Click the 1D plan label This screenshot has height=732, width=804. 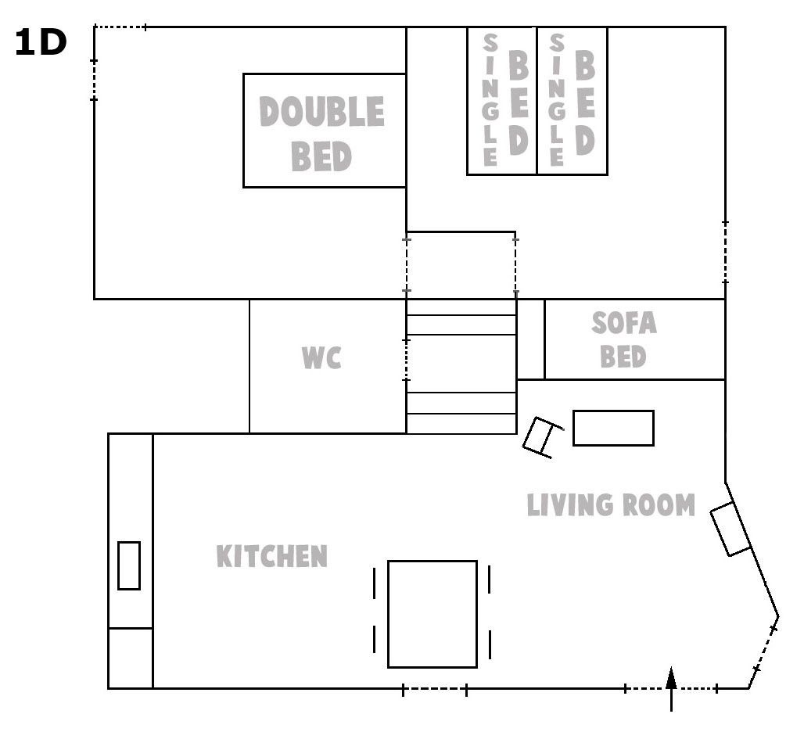coord(41,42)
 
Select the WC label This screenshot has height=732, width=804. coord(321,358)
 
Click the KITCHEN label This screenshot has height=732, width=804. coord(271,556)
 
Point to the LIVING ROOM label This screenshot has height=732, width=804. coord(611,505)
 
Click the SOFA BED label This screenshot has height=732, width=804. coord(623,339)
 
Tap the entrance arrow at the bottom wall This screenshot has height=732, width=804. coord(671,689)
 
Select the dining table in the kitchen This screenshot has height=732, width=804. coord(433,614)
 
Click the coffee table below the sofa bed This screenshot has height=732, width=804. coord(613,428)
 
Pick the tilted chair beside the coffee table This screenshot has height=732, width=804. coord(543,436)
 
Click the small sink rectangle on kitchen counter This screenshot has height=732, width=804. coord(129,566)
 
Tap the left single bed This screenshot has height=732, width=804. coord(502,101)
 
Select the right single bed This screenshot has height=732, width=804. coord(572,101)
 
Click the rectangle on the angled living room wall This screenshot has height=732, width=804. coord(730,529)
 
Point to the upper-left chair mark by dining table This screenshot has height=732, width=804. coord(375,583)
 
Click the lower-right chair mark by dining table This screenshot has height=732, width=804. coord(490,644)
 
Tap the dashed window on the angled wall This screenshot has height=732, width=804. coord(765,648)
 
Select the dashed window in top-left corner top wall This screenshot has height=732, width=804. coord(120,27)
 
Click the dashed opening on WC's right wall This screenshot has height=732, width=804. coord(407,360)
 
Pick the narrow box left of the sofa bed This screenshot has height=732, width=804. coord(531,339)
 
